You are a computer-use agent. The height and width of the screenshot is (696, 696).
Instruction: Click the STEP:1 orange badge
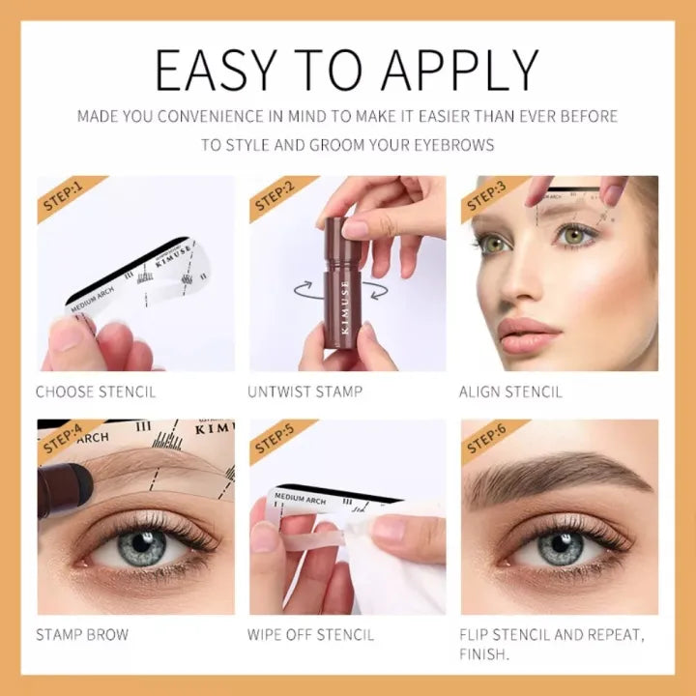tap(65, 197)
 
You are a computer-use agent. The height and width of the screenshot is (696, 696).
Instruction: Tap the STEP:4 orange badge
tap(65, 440)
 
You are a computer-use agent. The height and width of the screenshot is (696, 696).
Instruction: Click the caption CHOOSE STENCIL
tap(96, 392)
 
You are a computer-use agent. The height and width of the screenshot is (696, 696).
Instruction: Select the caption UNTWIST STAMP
tap(305, 392)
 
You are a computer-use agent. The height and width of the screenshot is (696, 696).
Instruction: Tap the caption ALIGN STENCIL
tap(510, 392)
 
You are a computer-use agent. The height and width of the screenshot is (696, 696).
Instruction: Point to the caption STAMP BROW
tap(82, 635)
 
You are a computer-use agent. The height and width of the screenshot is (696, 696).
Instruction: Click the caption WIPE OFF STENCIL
tap(311, 635)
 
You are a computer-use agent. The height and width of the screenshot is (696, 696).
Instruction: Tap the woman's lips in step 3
tap(529, 336)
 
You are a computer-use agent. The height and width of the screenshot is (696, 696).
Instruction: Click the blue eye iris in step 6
tap(561, 547)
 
